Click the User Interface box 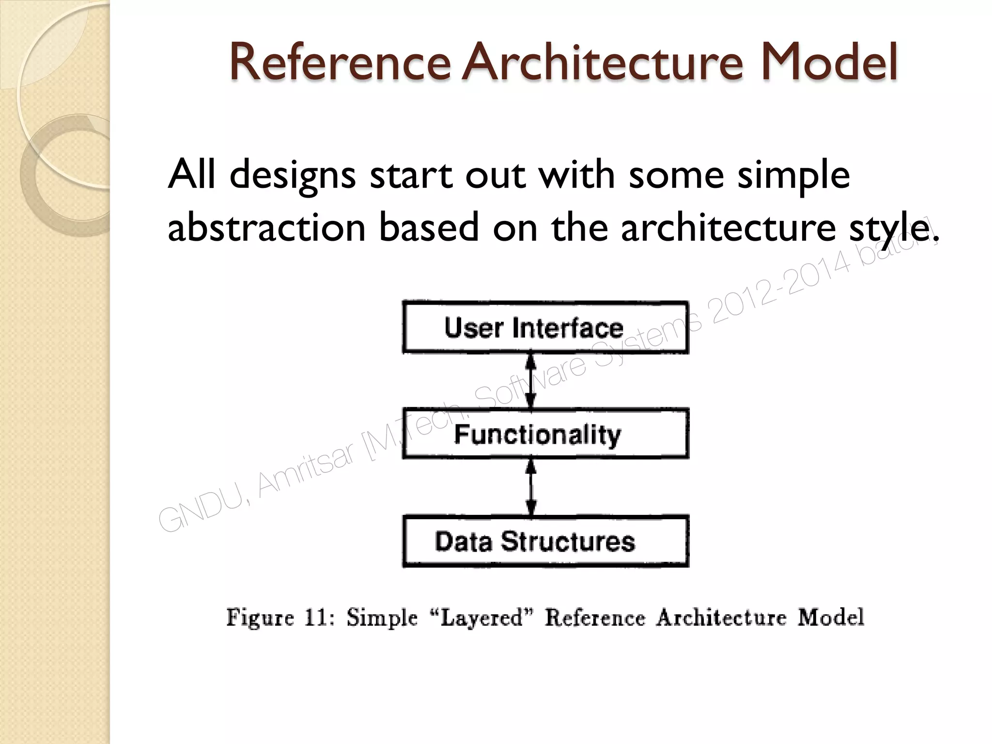(x=545, y=327)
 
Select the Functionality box (x=545, y=434)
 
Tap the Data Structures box (x=545, y=541)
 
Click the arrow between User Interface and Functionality (x=531, y=381)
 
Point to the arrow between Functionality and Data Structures (x=531, y=487)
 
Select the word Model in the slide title (x=828, y=63)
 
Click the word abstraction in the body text (x=266, y=228)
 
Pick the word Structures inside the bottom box (x=568, y=541)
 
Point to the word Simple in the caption (x=382, y=618)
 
